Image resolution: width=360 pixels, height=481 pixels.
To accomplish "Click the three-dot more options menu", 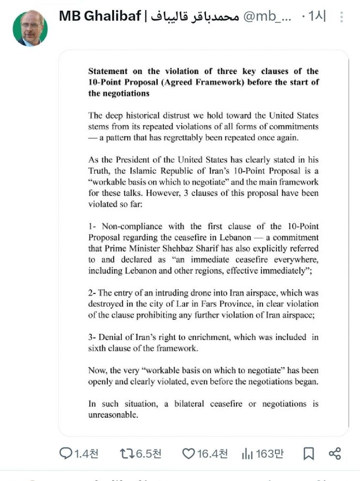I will [x=342, y=18].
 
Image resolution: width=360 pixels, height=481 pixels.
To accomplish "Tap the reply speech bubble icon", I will [x=65, y=453].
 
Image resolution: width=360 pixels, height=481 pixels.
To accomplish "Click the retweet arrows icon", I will [x=127, y=453].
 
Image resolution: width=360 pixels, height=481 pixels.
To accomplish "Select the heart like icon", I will [x=188, y=453].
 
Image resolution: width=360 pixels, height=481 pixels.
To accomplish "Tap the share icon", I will [x=335, y=453].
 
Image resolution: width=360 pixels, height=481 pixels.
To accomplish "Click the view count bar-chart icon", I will [x=247, y=453].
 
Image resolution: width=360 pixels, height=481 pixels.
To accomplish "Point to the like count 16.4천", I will [x=213, y=453].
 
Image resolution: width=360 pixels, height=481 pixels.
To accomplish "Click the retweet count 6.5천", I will [x=148, y=453].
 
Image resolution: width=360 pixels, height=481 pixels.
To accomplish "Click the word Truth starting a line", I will [x=99, y=170].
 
